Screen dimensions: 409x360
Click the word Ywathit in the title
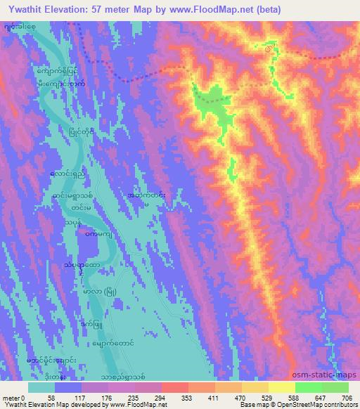[24, 9]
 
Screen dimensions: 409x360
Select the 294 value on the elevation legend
[165, 397]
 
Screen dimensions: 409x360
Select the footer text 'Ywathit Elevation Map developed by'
[49, 405]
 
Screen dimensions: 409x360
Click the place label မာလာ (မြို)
[102, 291]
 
